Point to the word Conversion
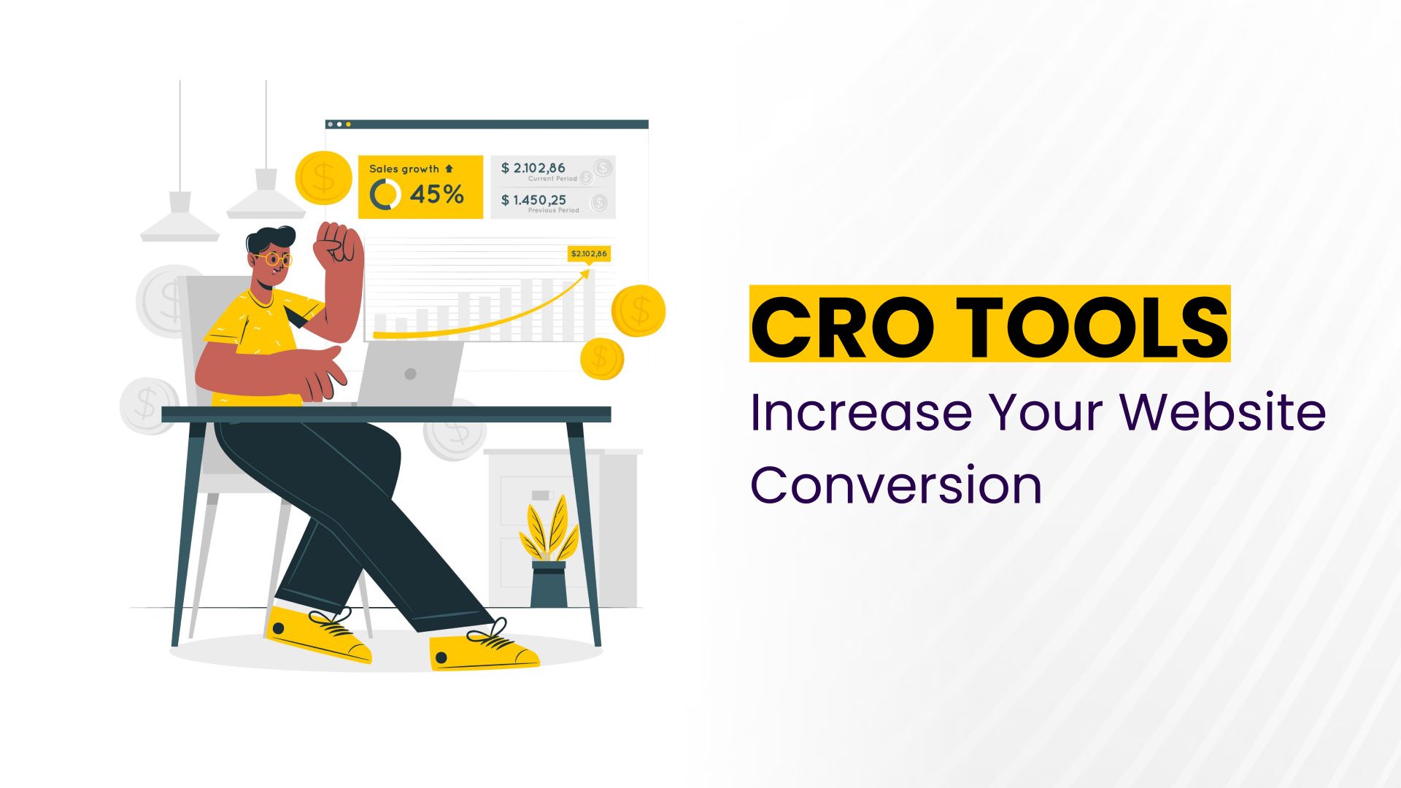[896, 485]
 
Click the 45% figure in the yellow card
[436, 195]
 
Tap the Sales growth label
[404, 169]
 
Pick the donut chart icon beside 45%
[385, 195]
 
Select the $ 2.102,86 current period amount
[533, 168]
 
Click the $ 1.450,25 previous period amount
[533, 200]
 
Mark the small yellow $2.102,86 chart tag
[589, 254]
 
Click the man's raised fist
[338, 244]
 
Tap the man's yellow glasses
[274, 259]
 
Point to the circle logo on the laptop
[410, 374]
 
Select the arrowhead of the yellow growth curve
[585, 274]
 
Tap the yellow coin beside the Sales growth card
[323, 177]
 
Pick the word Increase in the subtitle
[861, 412]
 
